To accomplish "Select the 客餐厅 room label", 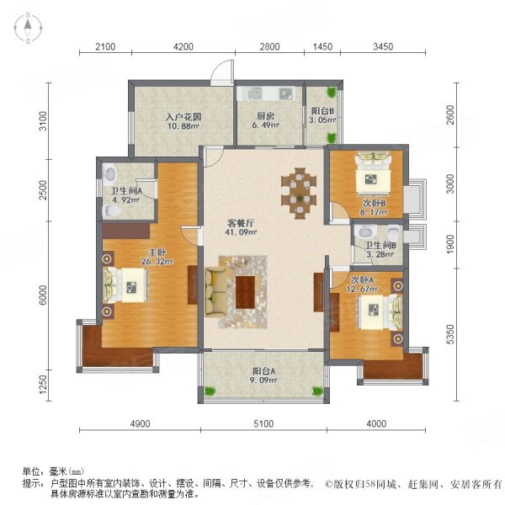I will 242,228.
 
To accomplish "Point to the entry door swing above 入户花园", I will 221,72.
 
